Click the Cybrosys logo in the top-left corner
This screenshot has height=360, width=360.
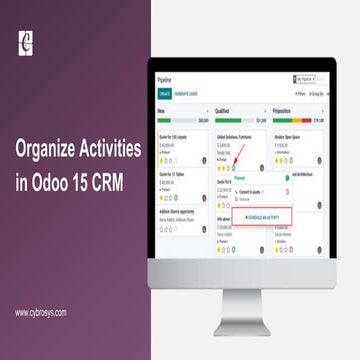click(26, 42)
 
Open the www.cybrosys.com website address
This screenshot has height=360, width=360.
click(42, 312)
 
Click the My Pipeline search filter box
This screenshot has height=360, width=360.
click(308, 77)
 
